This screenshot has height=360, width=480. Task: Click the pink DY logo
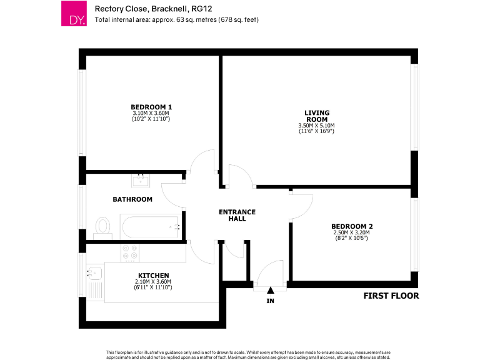pos(74,14)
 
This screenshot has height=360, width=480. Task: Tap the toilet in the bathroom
pos(102,227)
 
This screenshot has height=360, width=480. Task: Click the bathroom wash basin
pos(140,181)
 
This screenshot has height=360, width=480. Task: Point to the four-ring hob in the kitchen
pos(131,252)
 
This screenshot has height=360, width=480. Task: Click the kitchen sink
pos(94,272)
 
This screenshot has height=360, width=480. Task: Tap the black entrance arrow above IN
pos(271,290)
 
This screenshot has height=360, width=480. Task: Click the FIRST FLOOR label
pos(391,296)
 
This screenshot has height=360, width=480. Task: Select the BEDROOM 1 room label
pos(151,107)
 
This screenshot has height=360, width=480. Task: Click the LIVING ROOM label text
pos(317,116)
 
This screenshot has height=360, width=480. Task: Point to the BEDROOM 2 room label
pos(351,226)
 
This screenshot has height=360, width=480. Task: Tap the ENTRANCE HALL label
pos(237,216)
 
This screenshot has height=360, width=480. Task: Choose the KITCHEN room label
pos(153,275)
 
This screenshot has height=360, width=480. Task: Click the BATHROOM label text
pos(132,199)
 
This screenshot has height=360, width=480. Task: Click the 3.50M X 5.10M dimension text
pos(317,126)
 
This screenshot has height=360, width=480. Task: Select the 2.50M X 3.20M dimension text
pos(351,232)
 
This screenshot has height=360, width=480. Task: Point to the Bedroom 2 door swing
pos(301,206)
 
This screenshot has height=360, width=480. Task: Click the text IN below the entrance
pos(271,301)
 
